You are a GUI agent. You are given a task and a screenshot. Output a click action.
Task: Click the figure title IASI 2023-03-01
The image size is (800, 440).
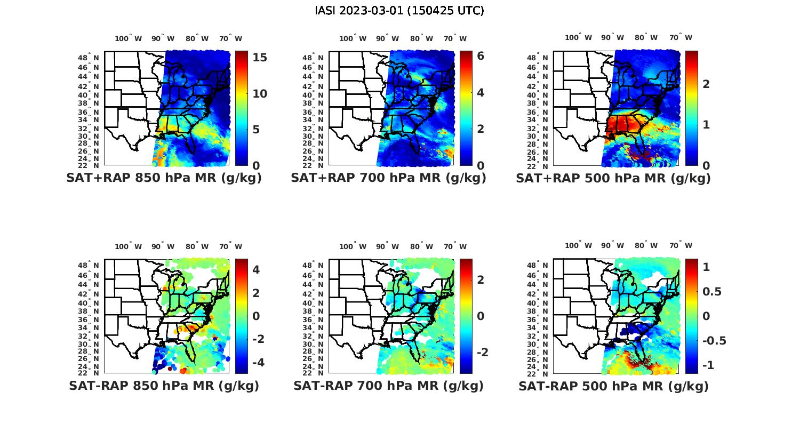399,11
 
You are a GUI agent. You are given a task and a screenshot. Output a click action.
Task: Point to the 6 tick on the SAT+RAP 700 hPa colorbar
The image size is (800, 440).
481,55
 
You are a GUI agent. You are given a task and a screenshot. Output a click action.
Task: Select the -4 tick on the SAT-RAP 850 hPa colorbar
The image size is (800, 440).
256,362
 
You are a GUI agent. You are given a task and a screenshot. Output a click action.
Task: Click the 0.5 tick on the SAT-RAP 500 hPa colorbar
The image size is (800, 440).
712,291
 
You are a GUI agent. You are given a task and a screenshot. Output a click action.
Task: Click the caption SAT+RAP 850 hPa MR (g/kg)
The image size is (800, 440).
164,178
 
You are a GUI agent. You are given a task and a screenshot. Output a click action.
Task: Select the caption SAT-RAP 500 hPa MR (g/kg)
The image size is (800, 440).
613,386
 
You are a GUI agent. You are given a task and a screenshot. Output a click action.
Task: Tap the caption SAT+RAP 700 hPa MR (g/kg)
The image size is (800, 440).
388,178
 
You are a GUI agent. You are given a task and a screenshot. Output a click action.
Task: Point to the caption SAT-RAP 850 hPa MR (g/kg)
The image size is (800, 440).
164,386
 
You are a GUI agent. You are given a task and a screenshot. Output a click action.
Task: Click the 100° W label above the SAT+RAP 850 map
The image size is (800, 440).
129,38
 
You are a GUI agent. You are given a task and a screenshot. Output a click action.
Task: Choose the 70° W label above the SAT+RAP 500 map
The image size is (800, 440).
681,37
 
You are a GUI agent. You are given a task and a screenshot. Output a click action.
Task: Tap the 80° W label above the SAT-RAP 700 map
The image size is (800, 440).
422,246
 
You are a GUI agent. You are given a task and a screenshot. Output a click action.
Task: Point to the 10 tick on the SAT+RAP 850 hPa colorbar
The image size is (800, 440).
260,94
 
